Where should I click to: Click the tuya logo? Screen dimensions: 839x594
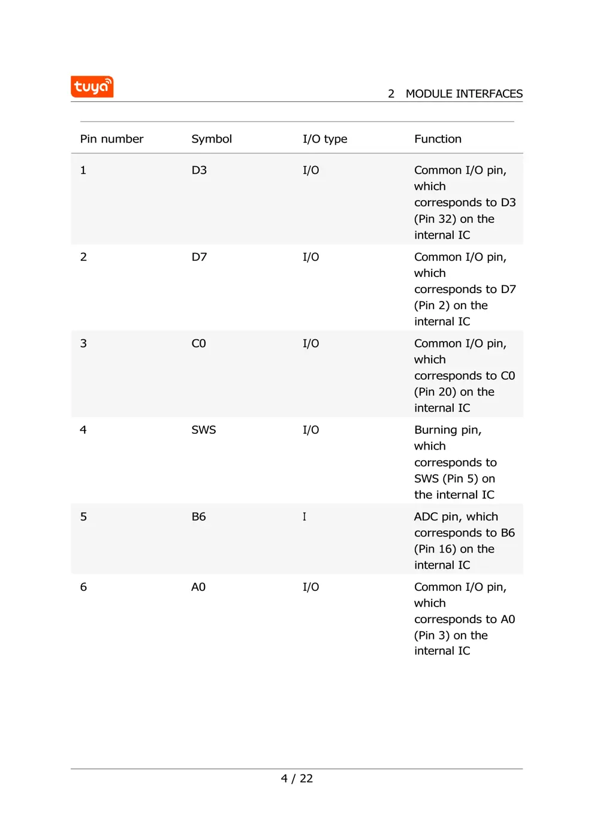(92, 87)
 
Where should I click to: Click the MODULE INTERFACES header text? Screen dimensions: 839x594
(463, 94)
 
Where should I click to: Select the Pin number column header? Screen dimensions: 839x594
(111, 139)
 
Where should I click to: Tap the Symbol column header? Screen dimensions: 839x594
(211, 139)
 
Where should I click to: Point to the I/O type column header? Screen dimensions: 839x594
(324, 139)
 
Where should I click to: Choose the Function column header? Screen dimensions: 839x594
(438, 139)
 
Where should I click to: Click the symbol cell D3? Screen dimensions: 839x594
(199, 170)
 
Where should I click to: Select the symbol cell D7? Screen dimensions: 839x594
(199, 257)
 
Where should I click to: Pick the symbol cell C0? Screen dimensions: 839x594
(198, 343)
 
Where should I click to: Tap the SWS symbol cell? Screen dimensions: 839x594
(203, 430)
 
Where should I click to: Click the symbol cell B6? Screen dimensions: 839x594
(198, 517)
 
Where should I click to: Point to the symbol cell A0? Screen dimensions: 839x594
(198, 587)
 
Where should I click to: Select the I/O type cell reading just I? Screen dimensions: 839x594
(304, 517)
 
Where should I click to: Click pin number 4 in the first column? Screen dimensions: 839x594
(83, 430)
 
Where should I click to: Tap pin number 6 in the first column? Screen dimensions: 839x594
(83, 587)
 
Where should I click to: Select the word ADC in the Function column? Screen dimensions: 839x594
(426, 517)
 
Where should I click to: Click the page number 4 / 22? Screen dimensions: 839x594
(297, 778)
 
